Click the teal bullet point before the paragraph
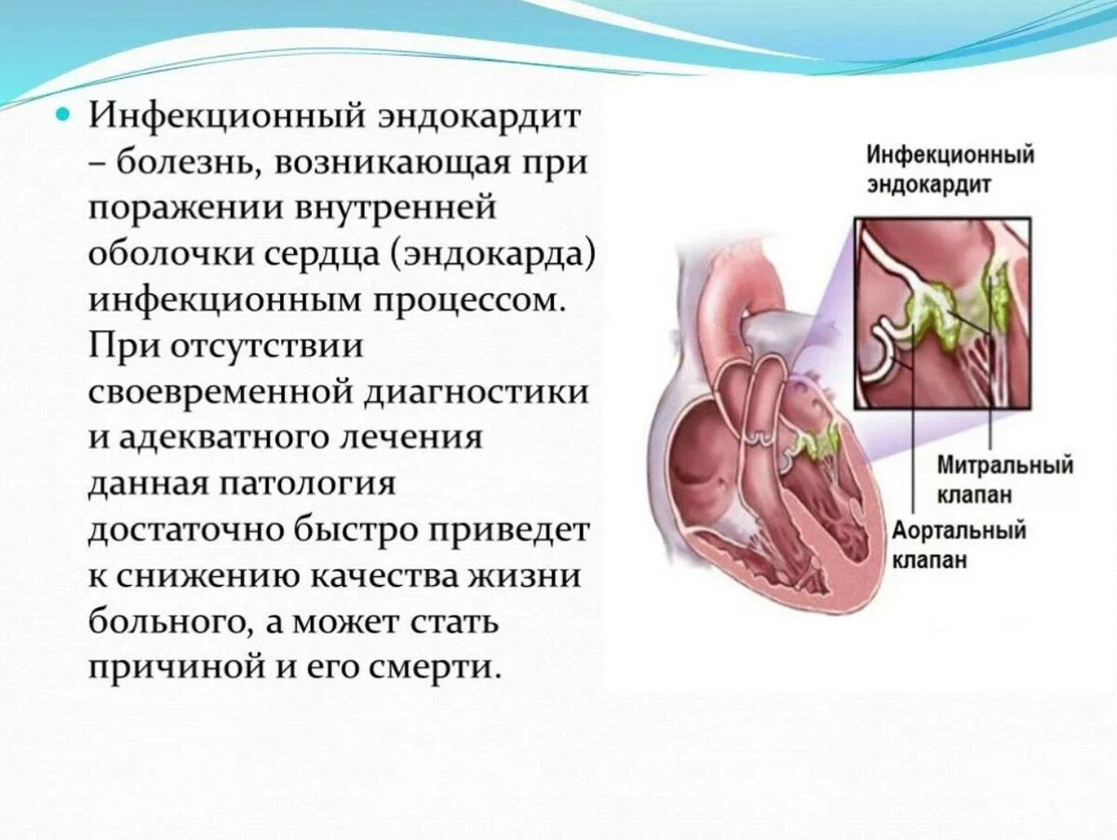[x=63, y=116]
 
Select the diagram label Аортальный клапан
[x=960, y=545]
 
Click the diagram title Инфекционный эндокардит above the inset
[x=950, y=169]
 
